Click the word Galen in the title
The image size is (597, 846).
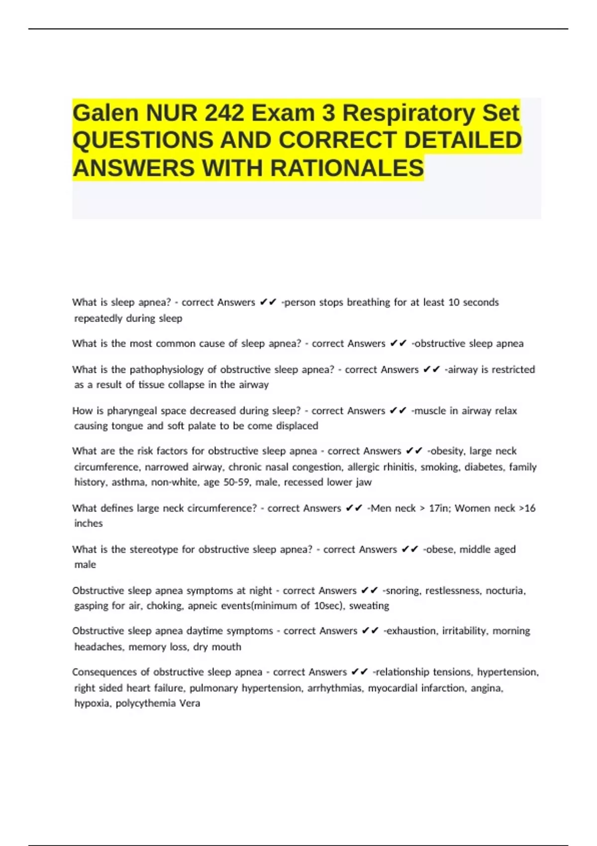(x=106, y=113)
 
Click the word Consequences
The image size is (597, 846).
(x=104, y=672)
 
